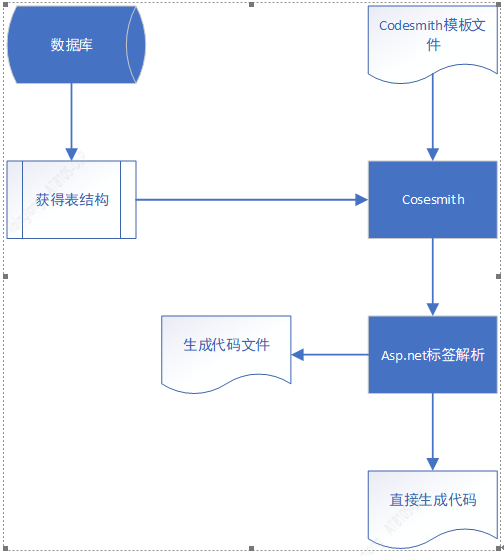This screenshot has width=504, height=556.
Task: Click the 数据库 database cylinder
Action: tap(72, 44)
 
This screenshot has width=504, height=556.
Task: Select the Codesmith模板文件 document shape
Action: tap(432, 44)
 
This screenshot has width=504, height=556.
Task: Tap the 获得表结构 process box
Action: tap(72, 200)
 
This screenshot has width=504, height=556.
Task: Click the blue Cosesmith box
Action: tap(432, 200)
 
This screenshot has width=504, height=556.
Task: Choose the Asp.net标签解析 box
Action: tap(432, 355)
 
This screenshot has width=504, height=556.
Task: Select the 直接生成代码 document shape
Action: tap(432, 499)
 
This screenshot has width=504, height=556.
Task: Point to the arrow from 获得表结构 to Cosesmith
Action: tap(250, 200)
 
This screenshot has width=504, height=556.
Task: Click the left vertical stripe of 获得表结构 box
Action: tap(14, 200)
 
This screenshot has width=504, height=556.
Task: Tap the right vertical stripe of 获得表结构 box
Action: tap(129, 200)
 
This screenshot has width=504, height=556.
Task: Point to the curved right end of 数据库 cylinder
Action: tap(137, 44)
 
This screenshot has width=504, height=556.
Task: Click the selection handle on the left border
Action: tap(5, 276)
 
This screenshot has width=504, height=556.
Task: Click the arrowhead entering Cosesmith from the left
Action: tap(361, 200)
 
